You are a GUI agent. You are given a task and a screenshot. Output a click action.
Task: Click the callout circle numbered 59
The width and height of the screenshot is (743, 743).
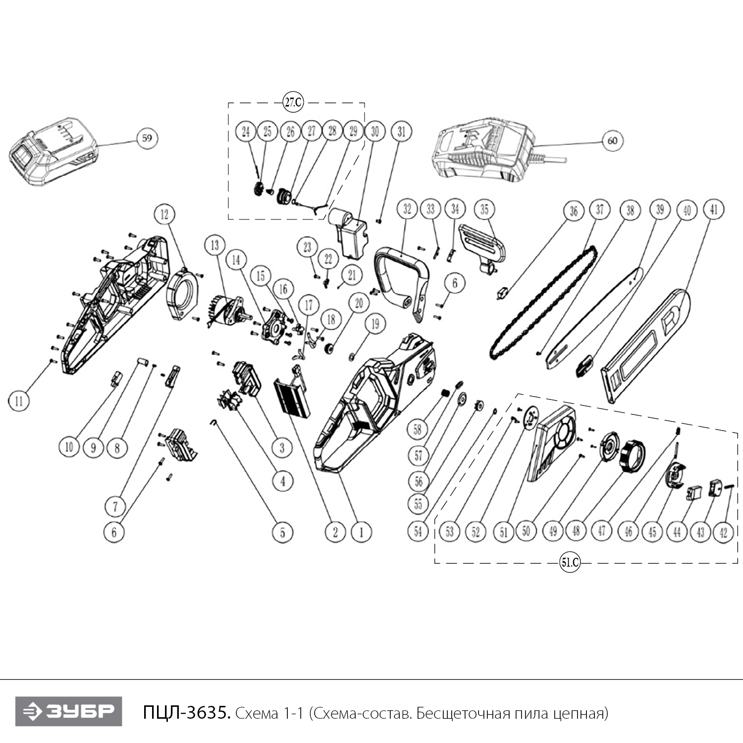point(147,137)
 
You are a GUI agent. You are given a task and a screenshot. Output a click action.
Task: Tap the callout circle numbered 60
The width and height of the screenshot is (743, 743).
point(612,141)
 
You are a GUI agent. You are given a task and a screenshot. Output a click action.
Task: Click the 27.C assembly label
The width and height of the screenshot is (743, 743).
point(293,103)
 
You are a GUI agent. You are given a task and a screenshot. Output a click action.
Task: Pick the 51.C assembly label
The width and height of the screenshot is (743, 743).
point(570,563)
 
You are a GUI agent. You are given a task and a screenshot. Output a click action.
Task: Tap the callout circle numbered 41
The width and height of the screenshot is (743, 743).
point(714,210)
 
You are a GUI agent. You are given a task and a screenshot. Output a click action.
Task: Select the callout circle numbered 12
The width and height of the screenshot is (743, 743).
point(164,214)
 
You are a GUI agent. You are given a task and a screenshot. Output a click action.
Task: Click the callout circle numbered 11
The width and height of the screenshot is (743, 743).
point(19,400)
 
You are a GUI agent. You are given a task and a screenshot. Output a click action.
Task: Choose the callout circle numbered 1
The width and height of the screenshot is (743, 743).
point(361,532)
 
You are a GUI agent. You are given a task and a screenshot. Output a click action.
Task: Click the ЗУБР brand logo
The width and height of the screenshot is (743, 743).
point(68,711)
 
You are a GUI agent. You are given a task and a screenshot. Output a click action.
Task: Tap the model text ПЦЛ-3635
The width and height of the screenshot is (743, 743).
point(186,713)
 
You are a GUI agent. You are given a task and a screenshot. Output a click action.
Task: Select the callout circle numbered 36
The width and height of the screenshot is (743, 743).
point(574,211)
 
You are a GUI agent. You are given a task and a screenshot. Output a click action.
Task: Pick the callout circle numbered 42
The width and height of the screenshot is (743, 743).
point(723,532)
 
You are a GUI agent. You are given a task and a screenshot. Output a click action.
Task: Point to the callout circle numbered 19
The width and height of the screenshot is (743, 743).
point(375,324)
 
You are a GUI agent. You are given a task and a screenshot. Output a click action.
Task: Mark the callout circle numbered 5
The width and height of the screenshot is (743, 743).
point(283,532)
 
